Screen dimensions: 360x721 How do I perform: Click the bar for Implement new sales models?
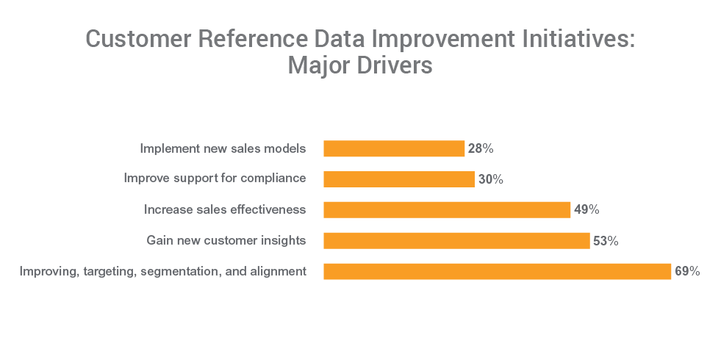click(394, 148)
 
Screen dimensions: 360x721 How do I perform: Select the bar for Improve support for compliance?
click(399, 179)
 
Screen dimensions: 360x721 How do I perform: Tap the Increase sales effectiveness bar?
click(447, 210)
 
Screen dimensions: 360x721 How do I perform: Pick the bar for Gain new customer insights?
click(456, 241)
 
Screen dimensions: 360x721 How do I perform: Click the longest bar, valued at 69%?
click(498, 272)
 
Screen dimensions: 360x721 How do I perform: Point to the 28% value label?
click(481, 148)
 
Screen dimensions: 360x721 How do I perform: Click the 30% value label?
click(490, 179)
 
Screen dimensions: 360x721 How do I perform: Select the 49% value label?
click(587, 210)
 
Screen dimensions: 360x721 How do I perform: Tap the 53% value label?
click(606, 241)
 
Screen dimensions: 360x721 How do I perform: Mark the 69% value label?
click(687, 272)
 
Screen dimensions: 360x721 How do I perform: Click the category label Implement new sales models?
click(223, 148)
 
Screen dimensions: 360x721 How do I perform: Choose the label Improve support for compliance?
click(215, 179)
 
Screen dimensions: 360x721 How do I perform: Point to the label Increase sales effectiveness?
click(225, 210)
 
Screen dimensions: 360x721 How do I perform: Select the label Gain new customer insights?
click(226, 240)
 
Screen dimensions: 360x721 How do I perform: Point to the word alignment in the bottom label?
click(280, 272)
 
